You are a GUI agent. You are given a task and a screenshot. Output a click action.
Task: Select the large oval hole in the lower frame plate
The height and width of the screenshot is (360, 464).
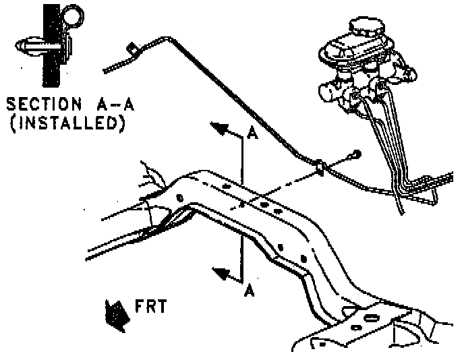click(371, 317)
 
